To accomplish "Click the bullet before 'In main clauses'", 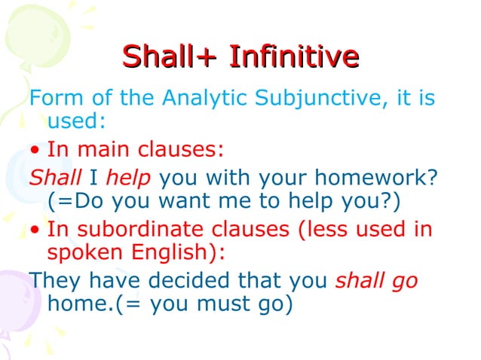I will coord(35,151).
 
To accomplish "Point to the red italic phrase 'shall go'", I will coord(376,281).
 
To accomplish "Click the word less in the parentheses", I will coord(323,229).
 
